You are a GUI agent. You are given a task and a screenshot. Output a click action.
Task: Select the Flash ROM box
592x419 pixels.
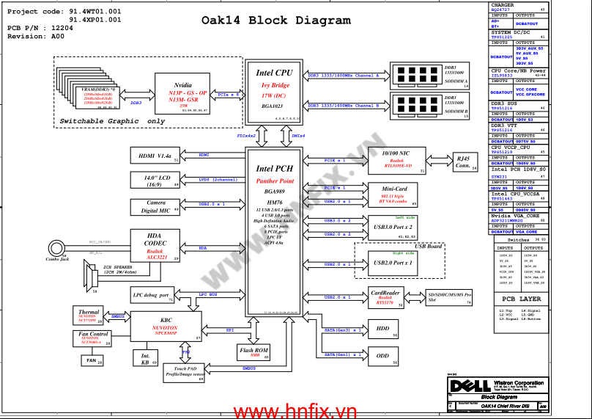pos(254,353)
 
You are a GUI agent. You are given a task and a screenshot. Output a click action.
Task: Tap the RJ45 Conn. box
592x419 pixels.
pos(463,162)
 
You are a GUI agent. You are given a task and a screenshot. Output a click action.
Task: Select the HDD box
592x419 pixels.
pos(382,329)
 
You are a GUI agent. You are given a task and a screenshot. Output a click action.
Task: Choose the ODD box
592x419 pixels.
pos(382,356)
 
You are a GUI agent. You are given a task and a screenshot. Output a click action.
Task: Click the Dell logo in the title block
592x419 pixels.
pos(465,387)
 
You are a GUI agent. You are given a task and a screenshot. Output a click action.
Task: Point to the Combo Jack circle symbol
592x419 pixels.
pos(56,249)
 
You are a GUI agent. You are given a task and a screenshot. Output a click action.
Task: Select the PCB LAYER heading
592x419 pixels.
pos(522,299)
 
